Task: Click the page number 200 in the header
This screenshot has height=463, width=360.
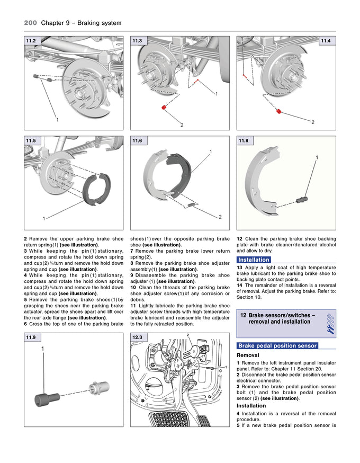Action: click(x=30, y=23)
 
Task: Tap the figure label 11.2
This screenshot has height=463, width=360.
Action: click(x=31, y=41)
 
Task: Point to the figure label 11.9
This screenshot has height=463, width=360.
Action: click(x=31, y=337)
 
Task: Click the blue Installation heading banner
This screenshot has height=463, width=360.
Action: click(x=254, y=260)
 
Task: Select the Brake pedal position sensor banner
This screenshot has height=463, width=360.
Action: click(x=277, y=345)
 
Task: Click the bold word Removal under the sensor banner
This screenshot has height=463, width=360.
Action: click(x=248, y=355)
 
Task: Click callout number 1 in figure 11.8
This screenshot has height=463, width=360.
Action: click(x=317, y=157)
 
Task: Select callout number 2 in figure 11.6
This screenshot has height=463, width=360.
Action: click(x=220, y=217)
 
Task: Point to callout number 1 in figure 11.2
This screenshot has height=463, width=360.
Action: click(x=57, y=120)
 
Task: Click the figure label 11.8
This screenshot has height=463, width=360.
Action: click(x=244, y=140)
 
